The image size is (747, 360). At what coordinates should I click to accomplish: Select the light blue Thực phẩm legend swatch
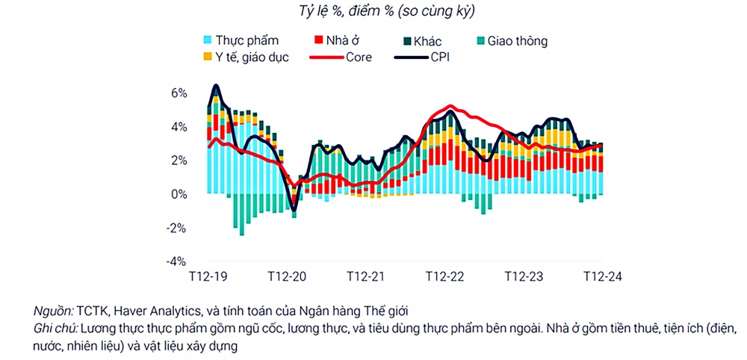(207, 40)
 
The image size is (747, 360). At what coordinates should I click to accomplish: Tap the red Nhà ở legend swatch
(318, 40)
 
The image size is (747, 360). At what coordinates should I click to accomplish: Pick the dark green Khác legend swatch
(408, 40)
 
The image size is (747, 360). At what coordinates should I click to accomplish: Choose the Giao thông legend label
(517, 41)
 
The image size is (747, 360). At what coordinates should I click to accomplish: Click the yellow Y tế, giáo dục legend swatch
(207, 57)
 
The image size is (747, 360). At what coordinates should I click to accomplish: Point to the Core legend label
(358, 57)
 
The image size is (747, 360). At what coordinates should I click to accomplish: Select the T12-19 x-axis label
(208, 276)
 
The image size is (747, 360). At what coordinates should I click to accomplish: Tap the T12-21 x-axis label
(365, 276)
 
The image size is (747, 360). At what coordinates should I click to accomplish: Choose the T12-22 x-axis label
(444, 276)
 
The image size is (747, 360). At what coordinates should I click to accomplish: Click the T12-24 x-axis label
(602, 276)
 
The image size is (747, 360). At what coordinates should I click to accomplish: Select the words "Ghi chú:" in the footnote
(55, 329)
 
